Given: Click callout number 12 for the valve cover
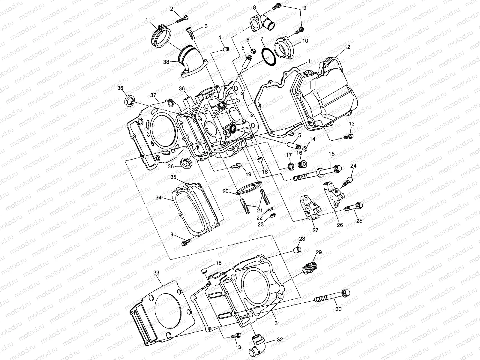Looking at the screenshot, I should (x=347, y=47).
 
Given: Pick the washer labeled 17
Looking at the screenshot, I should (x=290, y=166).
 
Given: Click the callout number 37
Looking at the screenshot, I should (x=153, y=95).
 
